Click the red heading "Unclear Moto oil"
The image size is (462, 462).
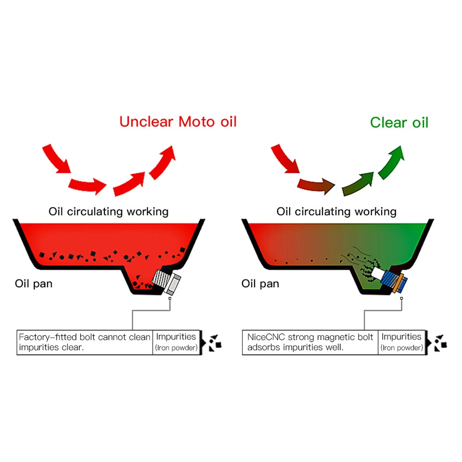[178, 121]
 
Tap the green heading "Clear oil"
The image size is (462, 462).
[399, 122]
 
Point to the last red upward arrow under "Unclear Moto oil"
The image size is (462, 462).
[162, 163]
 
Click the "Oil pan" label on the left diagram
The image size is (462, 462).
[34, 283]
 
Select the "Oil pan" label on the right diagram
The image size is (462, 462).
[260, 283]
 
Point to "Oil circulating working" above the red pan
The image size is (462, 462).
[108, 211]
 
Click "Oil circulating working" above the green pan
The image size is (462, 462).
[336, 211]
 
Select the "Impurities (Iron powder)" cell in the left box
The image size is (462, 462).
[176, 342]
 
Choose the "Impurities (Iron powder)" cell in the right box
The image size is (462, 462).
[401, 342]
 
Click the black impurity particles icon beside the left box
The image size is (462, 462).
[214, 342]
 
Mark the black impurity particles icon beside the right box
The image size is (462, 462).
[440, 342]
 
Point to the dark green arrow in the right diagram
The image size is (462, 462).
[358, 184]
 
